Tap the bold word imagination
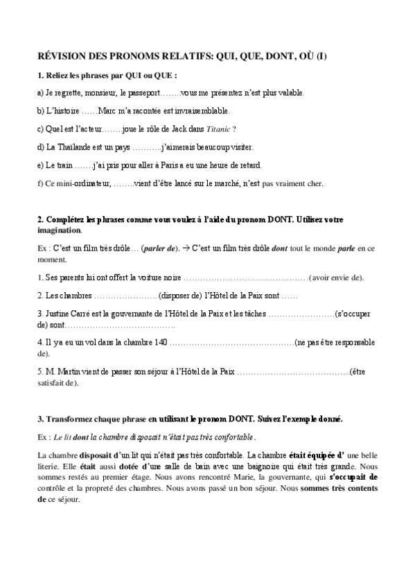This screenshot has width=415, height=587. point(59,231)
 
